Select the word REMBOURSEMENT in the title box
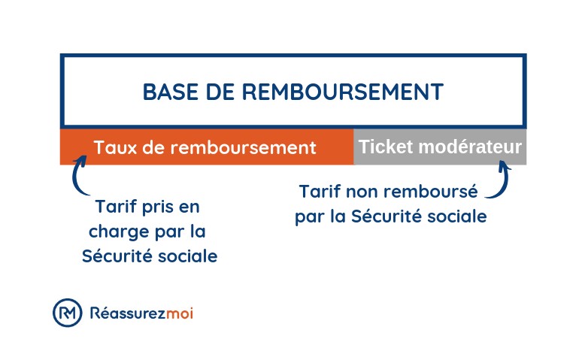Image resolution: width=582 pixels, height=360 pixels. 343,92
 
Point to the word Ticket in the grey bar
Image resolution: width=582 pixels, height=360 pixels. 386,147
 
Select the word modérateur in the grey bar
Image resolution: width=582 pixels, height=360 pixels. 470,147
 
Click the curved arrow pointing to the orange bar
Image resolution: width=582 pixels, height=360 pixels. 78,175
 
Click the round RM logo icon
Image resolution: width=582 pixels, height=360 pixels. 67,313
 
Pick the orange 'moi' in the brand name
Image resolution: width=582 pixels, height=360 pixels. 180,313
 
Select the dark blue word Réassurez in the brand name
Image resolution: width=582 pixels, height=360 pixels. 128,313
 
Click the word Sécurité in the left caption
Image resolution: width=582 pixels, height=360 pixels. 117,256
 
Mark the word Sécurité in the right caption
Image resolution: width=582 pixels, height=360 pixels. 386,216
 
